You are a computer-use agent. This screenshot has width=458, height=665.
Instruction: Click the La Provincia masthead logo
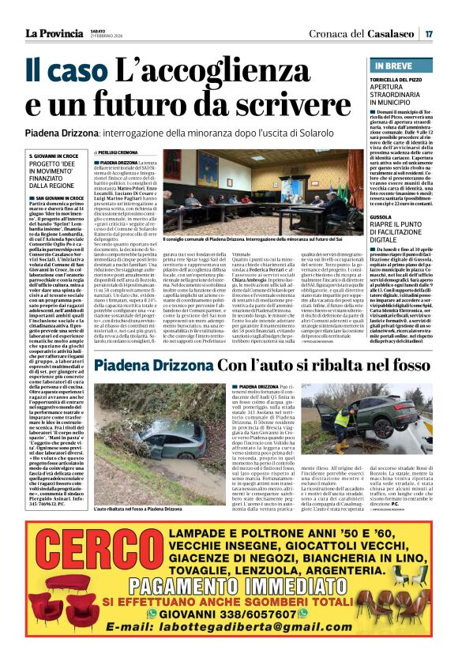54,32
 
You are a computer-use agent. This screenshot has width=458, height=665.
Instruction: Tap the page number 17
428,33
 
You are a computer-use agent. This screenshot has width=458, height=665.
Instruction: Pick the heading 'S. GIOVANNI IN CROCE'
53,156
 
